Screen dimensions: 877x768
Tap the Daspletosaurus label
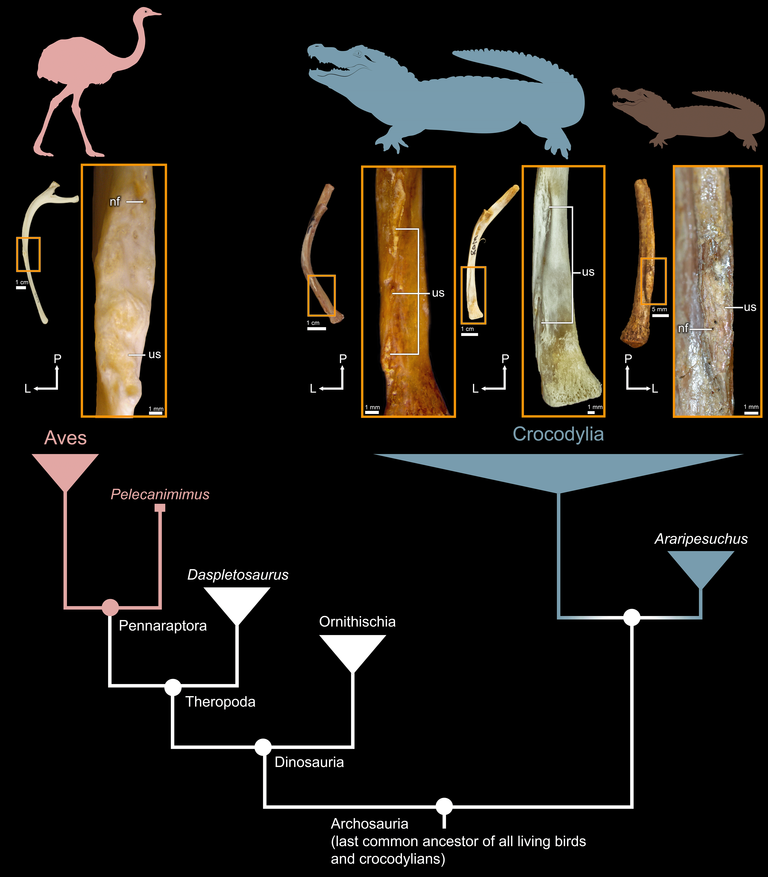(x=238, y=575)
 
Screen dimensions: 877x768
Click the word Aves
(x=66, y=438)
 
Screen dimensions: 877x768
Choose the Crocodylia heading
(x=558, y=434)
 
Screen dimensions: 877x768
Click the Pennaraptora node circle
(x=110, y=607)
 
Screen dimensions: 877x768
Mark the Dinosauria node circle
(x=263, y=747)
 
